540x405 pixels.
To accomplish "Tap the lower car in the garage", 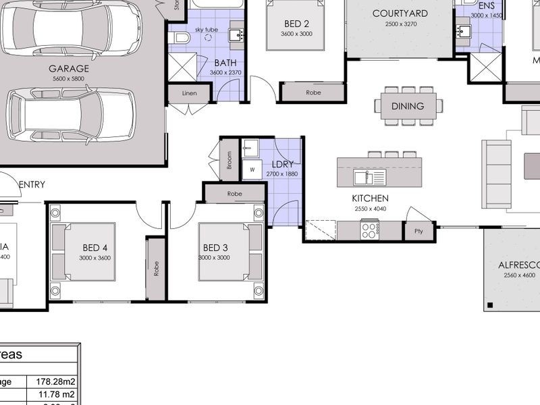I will click(71, 115).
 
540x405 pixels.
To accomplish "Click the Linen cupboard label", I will click(190, 93).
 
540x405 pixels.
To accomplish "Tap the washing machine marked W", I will click(252, 169).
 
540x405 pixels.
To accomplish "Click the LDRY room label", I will click(281, 164).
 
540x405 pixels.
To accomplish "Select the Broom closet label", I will click(230, 159).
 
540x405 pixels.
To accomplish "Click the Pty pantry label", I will click(418, 231).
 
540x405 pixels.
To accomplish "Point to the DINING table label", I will click(408, 106).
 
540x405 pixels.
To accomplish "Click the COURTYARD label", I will click(400, 13).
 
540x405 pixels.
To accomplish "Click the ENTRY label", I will click(32, 184).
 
